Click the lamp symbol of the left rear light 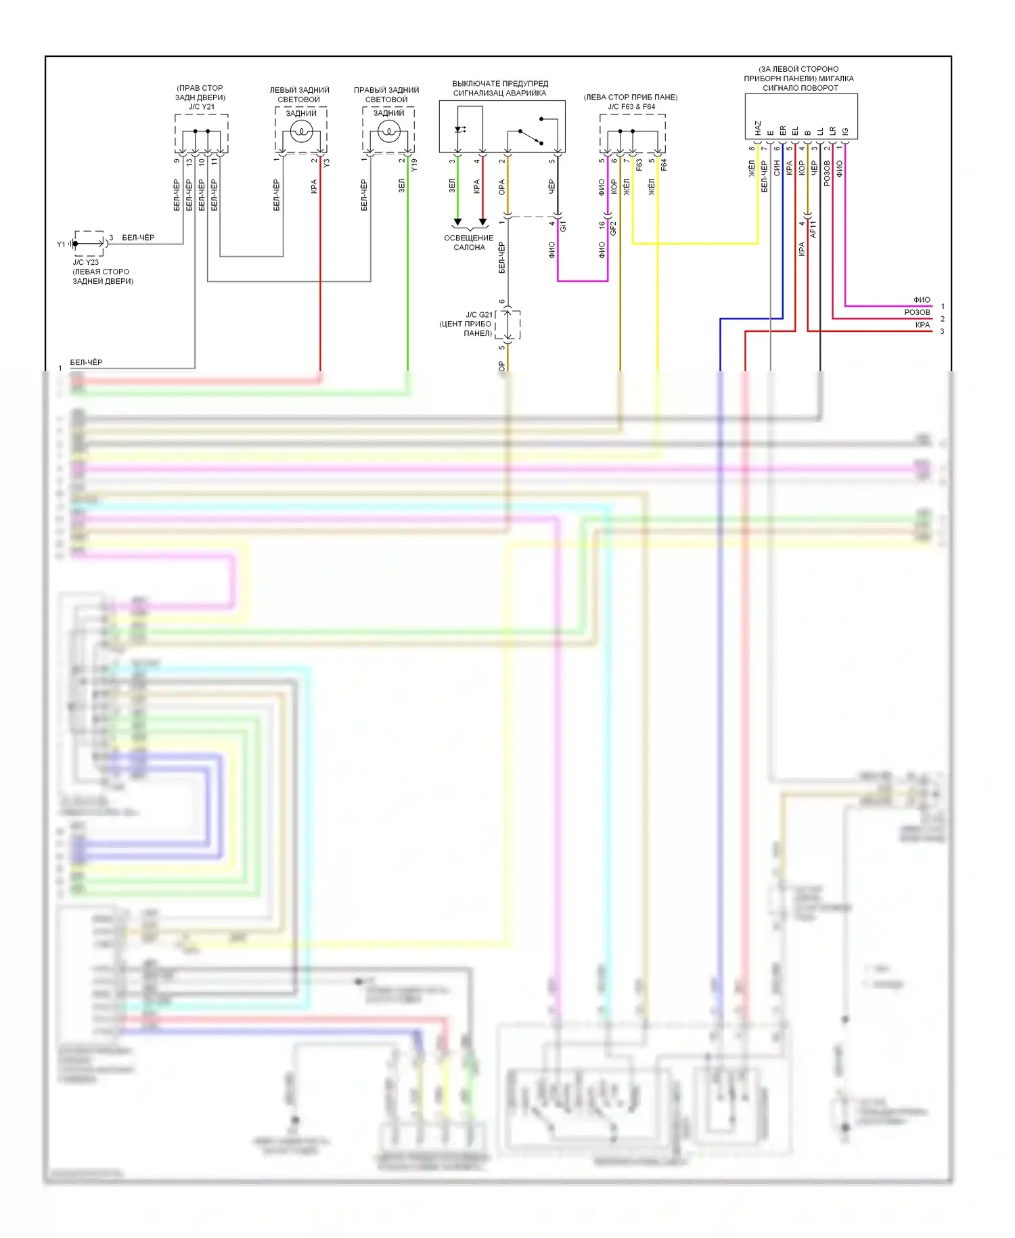[x=301, y=131]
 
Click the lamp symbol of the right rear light [x=389, y=131]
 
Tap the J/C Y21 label [x=201, y=107]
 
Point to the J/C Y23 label [x=86, y=262]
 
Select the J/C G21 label [x=479, y=315]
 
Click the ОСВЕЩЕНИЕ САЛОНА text [x=469, y=242]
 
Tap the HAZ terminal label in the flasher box [x=758, y=128]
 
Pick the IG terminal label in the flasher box [x=845, y=131]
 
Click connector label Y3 [x=327, y=163]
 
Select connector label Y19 [x=414, y=164]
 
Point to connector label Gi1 [x=563, y=226]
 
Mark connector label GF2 [x=614, y=228]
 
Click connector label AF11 [x=813, y=229]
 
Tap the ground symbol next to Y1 [x=70, y=244]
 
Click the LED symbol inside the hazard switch [x=459, y=129]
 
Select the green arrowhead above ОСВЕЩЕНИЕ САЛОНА [x=457, y=221]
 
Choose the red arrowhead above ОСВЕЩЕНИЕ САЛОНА [x=482, y=221]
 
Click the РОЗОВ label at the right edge [x=917, y=312]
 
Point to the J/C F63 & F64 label [x=631, y=107]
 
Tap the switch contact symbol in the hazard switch [x=531, y=136]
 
